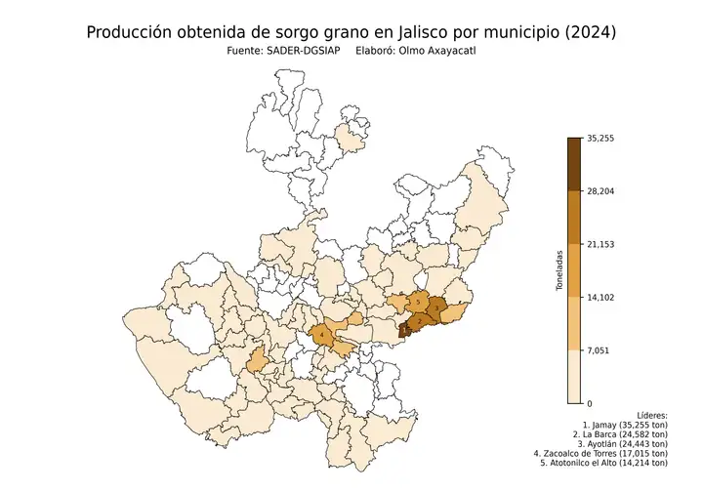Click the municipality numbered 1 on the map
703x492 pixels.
click(403, 331)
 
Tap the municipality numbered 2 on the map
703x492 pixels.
click(419, 321)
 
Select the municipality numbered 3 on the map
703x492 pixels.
click(438, 306)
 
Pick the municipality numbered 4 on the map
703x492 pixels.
click(322, 336)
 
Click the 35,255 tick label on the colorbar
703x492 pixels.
click(600, 139)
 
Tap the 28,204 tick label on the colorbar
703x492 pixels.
click(600, 191)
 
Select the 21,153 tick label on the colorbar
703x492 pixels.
click(600, 244)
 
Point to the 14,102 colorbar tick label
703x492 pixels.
click(600, 297)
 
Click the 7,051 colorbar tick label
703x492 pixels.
click(597, 349)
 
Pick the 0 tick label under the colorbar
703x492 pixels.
click(589, 402)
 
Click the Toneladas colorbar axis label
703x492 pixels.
click(559, 270)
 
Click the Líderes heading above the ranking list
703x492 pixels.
click(650, 415)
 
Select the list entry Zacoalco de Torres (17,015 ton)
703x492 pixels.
click(601, 453)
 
